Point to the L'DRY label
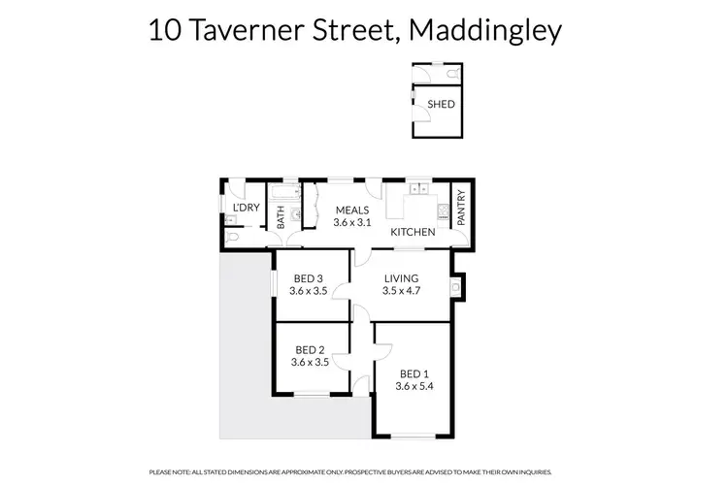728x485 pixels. pyautogui.click(x=245, y=209)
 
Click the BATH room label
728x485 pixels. pyautogui.click(x=281, y=219)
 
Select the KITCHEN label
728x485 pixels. pyautogui.click(x=413, y=233)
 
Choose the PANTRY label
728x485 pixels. pyautogui.click(x=461, y=209)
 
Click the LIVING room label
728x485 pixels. pyautogui.click(x=400, y=277)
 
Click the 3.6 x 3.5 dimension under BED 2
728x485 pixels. pyautogui.click(x=310, y=362)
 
